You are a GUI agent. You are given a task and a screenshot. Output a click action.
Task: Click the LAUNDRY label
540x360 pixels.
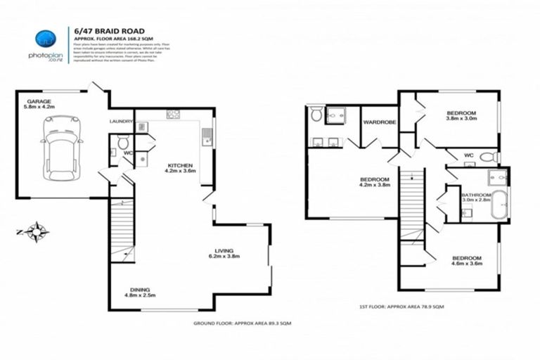click(121, 121)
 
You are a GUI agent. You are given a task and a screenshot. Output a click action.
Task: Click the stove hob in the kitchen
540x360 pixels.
click(174, 114)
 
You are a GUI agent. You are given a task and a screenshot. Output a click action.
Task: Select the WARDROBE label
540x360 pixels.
click(379, 122)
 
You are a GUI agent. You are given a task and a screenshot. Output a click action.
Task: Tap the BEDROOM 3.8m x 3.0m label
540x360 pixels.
click(461, 116)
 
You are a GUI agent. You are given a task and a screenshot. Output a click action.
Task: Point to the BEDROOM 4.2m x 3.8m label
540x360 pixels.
click(375, 182)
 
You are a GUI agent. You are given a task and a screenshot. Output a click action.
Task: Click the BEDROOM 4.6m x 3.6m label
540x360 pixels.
click(466, 261)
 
